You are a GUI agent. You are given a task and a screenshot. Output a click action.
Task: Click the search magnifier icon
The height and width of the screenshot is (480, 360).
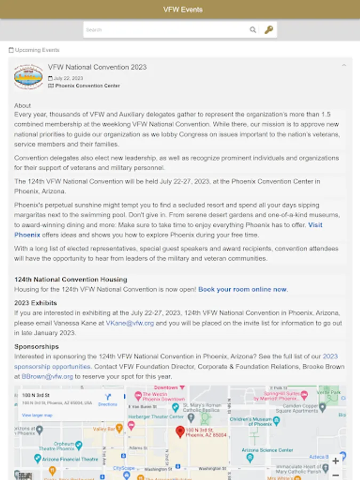tap(253, 30)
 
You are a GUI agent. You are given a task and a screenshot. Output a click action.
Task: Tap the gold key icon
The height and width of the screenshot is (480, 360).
tap(269, 30)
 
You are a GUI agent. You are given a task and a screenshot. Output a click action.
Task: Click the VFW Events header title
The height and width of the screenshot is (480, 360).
tap(182, 10)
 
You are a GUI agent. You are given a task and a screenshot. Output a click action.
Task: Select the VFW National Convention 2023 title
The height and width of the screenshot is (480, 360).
tap(97, 67)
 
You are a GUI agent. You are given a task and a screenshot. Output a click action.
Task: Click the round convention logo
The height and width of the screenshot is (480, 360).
tap(28, 77)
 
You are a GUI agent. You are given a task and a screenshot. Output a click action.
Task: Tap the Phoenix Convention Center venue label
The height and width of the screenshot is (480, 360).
tap(87, 85)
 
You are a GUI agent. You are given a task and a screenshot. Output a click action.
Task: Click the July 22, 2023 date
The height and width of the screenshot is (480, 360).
tap(68, 78)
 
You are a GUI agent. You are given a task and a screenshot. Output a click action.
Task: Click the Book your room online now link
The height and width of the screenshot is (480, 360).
tap(243, 290)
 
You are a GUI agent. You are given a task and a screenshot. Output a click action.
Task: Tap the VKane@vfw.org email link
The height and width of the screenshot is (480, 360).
tap(130, 323)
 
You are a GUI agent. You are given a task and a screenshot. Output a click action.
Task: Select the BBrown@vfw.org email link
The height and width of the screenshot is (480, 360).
tap(47, 376)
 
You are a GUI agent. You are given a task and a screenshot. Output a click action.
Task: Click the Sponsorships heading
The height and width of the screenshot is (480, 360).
tap(36, 347)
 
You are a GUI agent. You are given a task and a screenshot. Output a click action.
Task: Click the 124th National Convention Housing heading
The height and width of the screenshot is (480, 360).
tap(70, 279)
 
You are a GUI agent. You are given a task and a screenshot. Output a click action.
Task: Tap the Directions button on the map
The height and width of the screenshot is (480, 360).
tap(108, 399)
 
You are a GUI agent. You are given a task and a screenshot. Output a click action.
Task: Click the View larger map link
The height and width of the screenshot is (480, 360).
tap(37, 415)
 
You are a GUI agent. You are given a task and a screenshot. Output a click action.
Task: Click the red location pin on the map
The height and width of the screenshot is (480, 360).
tap(180, 431)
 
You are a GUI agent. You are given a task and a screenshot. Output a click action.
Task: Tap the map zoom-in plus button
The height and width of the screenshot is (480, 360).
tap(335, 461)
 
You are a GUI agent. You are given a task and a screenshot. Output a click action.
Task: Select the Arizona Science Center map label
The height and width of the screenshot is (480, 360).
tap(267, 450)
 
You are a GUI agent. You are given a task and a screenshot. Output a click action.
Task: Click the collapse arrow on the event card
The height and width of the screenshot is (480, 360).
tap(344, 66)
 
